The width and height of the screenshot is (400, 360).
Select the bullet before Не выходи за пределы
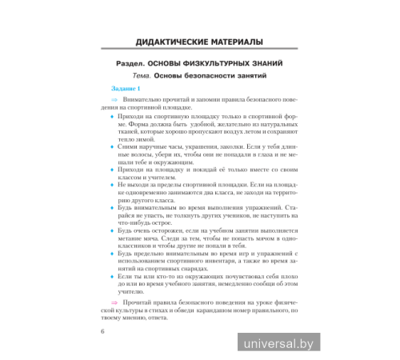coord(111,183)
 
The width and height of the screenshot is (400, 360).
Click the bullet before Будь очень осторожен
coord(111,229)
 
